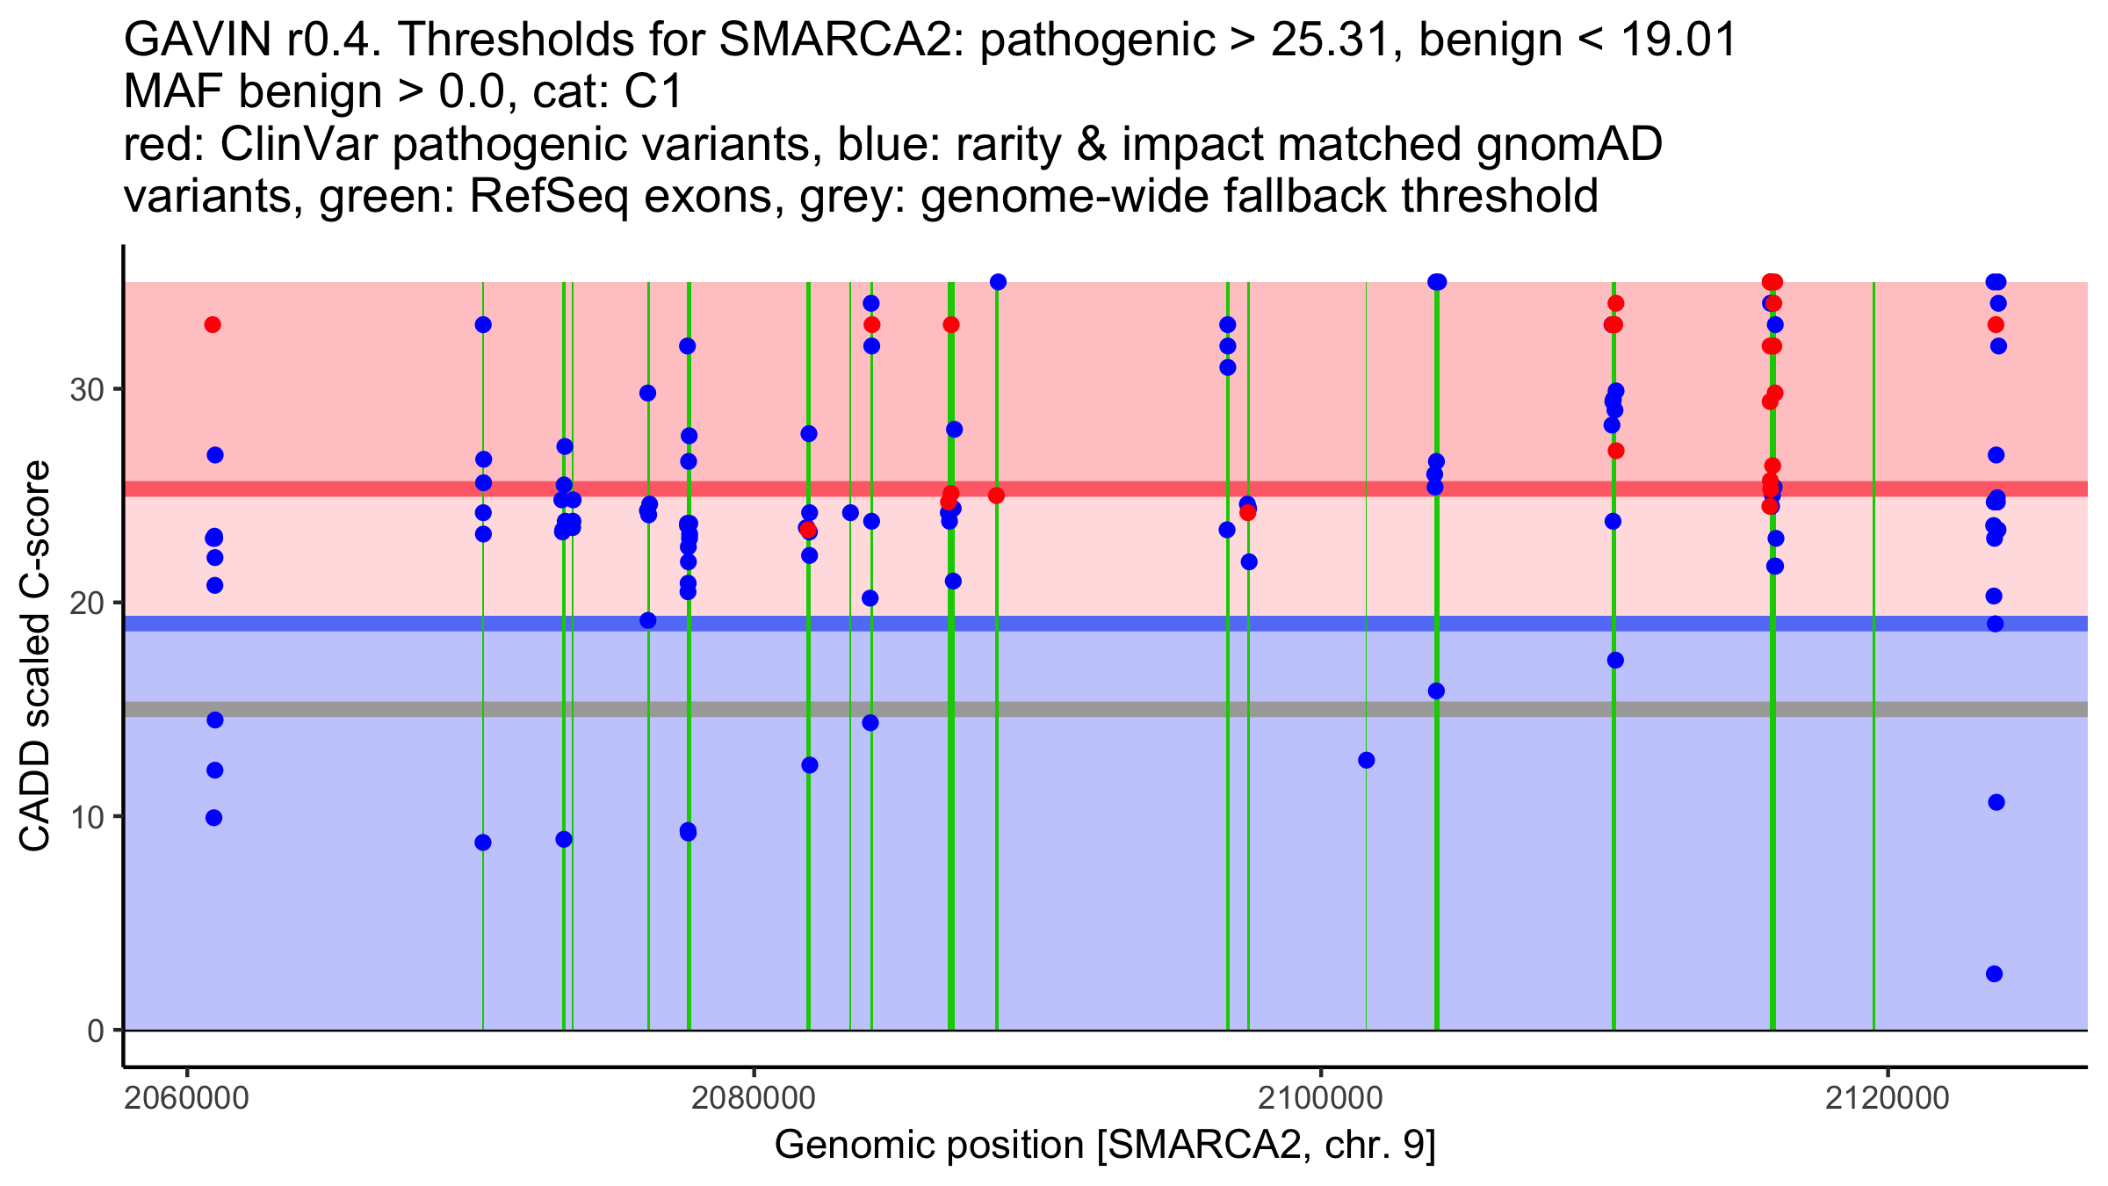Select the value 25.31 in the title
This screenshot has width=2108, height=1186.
[1337, 40]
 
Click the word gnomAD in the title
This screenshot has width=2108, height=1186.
[1569, 144]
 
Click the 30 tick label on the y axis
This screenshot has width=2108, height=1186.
[87, 389]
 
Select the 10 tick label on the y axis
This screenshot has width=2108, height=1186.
[87, 817]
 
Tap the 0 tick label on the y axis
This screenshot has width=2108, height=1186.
[96, 1031]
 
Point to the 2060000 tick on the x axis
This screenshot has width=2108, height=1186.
[186, 1098]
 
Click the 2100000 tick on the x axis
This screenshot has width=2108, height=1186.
[1321, 1098]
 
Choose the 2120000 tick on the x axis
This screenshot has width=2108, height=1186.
[1888, 1098]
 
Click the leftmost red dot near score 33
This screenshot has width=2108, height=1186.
[213, 325]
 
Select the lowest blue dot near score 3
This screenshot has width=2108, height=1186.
[1995, 974]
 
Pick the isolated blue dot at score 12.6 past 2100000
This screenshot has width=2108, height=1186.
[1367, 760]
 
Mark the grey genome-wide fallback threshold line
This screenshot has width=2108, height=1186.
[1054, 709]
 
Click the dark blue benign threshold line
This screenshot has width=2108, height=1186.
[1054, 624]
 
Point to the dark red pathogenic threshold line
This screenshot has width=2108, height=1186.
[1054, 488]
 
